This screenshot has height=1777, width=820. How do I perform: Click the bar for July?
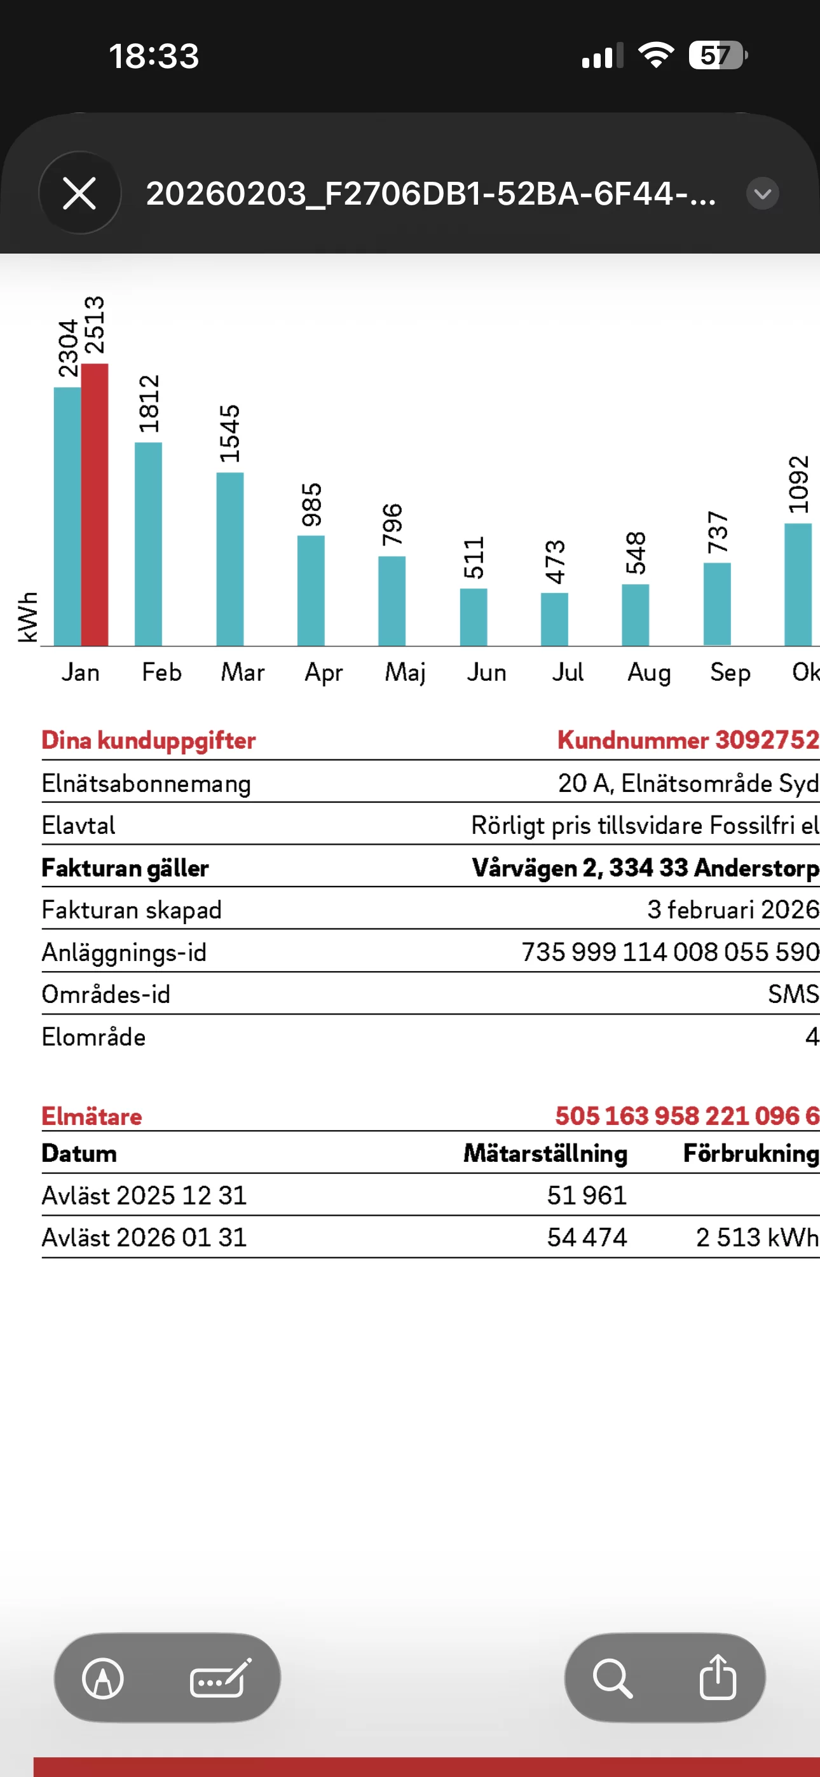coord(554,619)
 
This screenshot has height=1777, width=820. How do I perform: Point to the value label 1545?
coord(229,433)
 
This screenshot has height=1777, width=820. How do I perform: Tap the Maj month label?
coord(405,672)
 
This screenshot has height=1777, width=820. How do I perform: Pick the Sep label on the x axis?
coord(730,672)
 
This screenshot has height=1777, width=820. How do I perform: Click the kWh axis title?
coord(27,616)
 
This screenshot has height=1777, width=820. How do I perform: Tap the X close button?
coord(79,193)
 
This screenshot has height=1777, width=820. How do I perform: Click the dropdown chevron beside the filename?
coord(763,193)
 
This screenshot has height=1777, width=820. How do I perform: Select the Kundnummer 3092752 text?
coord(688,740)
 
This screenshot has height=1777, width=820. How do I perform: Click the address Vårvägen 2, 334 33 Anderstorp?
coord(645,867)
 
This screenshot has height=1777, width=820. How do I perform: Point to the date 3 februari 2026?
coord(732,909)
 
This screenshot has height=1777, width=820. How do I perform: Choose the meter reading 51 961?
coord(587,1195)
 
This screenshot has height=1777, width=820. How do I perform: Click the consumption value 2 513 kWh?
coord(756,1237)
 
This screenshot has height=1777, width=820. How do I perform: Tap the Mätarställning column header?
coord(545,1153)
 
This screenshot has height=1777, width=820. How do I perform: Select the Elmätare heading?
coord(92,1116)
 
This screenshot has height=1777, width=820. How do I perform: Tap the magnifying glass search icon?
coord(612,1677)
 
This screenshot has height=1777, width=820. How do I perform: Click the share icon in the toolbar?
coord(718,1677)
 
